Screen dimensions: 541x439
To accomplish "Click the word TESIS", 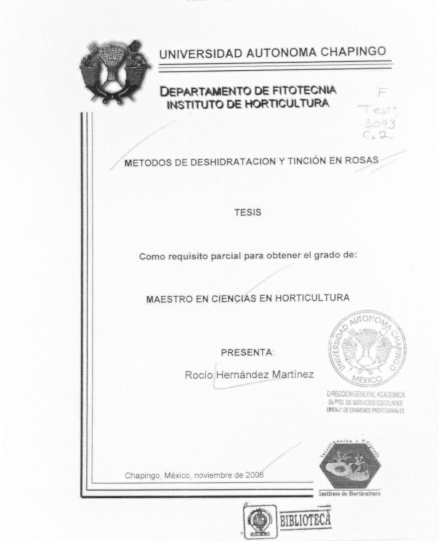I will tap(248, 213).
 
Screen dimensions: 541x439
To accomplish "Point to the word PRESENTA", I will tap(247, 353).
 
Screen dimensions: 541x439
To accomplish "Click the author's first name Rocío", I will tap(198, 375).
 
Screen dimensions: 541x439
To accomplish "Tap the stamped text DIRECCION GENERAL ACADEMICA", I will tap(366, 394).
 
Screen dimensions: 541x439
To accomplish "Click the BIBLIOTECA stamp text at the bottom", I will tap(305, 520).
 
